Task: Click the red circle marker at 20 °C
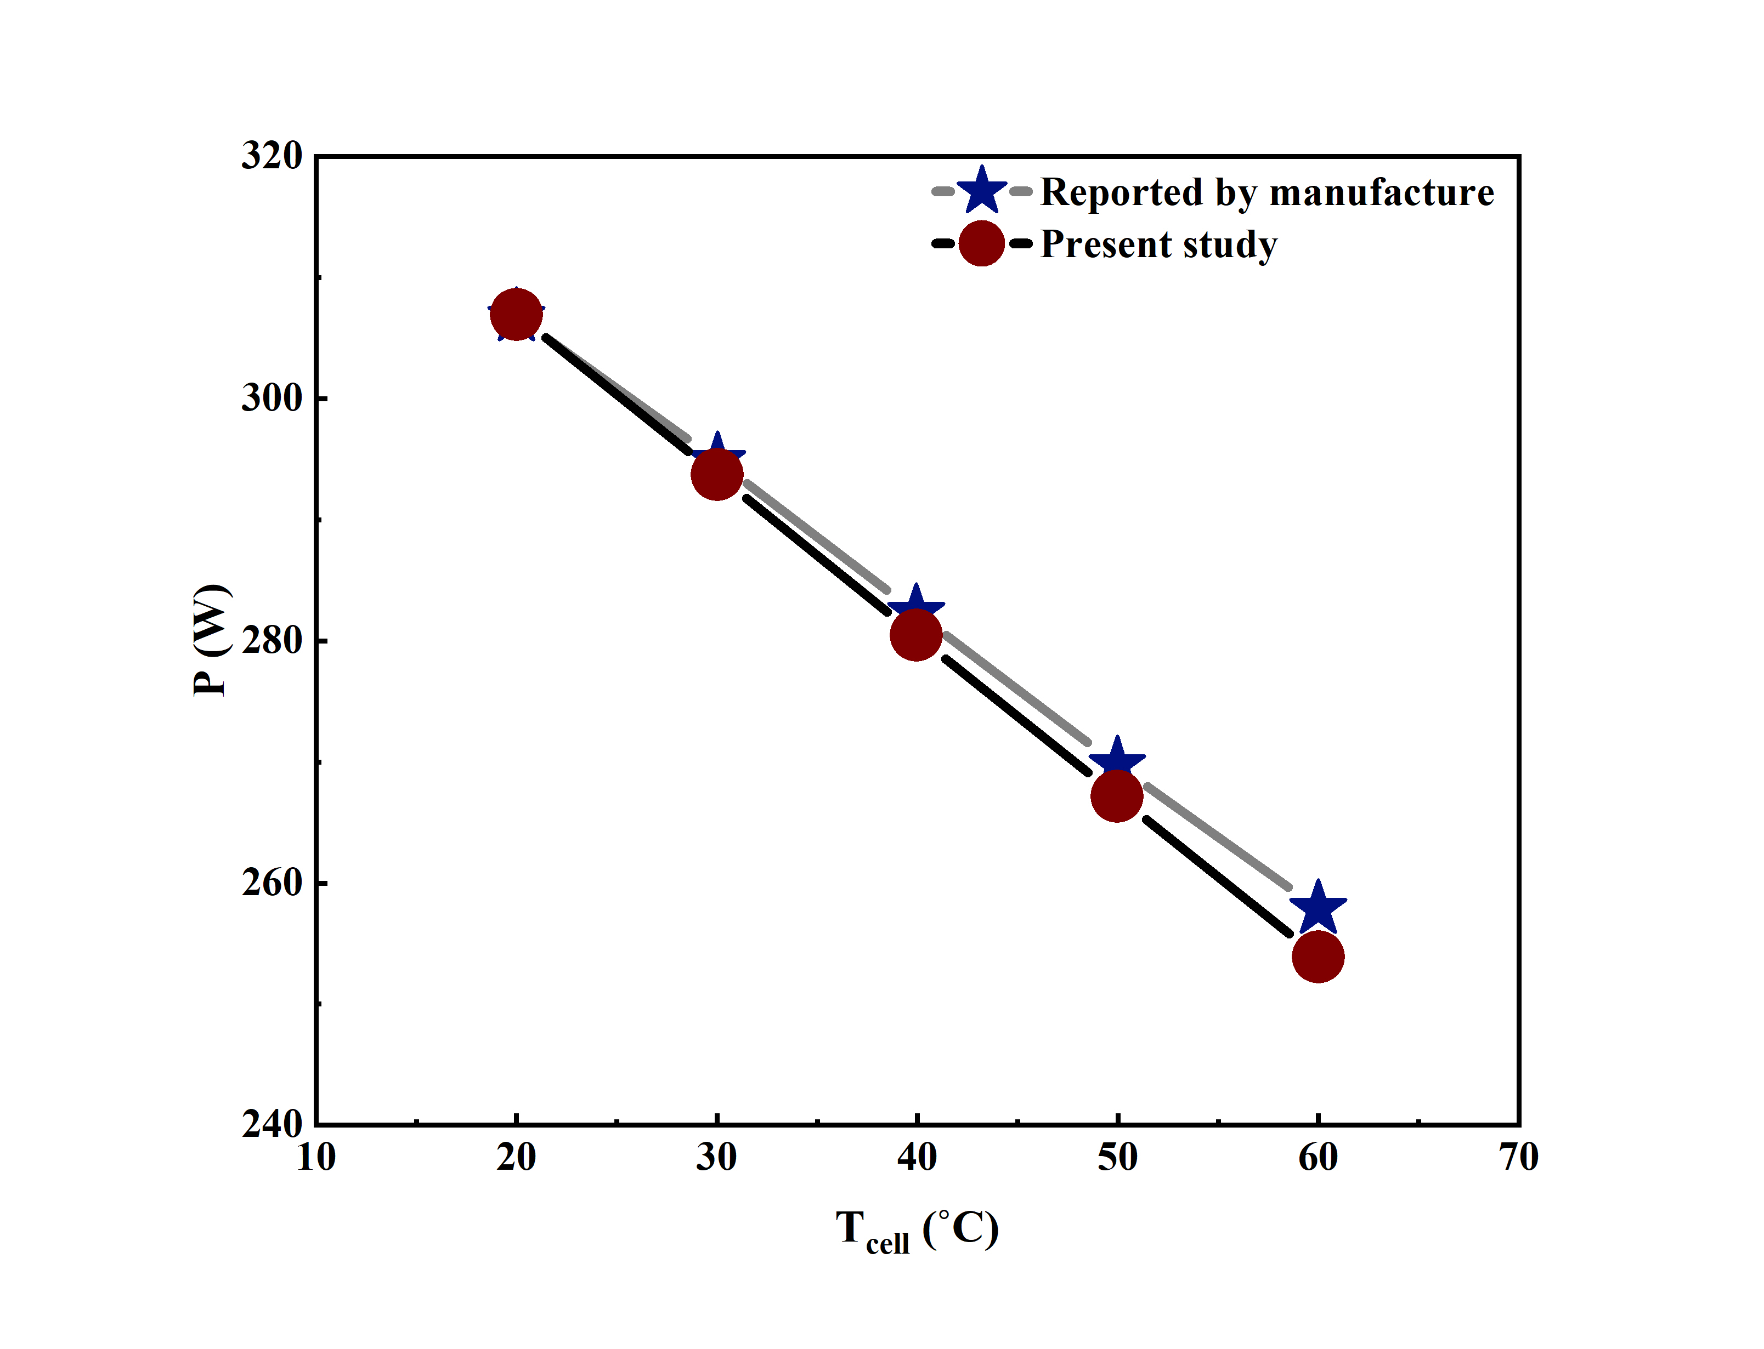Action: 516,315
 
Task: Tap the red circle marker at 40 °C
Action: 916,634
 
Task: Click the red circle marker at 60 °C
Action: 1318,957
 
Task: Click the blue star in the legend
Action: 982,192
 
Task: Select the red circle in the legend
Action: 982,243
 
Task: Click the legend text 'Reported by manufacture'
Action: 1267,193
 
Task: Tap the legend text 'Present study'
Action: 1158,244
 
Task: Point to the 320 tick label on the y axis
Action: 272,155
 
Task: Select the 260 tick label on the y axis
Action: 272,883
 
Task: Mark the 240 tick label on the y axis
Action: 272,1124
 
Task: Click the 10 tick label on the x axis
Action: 316,1158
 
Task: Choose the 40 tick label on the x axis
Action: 917,1158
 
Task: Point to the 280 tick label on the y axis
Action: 272,640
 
